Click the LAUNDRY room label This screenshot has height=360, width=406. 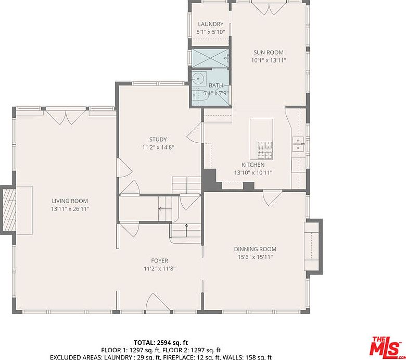click(210, 24)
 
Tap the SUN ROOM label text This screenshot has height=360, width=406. click(269, 52)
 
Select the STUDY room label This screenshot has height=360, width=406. click(158, 140)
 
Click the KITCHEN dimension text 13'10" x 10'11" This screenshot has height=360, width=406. click(253, 172)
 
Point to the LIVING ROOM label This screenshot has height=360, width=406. click(70, 201)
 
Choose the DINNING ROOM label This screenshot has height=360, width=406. click(255, 249)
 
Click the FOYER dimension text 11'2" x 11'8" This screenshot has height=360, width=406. click(160, 269)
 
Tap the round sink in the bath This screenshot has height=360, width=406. click(199, 78)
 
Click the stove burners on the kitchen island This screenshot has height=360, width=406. click(264, 150)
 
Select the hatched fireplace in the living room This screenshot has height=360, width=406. click(9, 210)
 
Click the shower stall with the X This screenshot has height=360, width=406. click(210, 58)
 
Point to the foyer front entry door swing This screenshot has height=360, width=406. click(158, 302)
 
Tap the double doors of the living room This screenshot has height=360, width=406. click(66, 117)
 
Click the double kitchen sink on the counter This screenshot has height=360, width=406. click(298, 144)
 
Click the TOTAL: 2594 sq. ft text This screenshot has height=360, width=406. click(161, 343)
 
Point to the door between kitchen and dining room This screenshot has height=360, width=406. click(273, 197)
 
